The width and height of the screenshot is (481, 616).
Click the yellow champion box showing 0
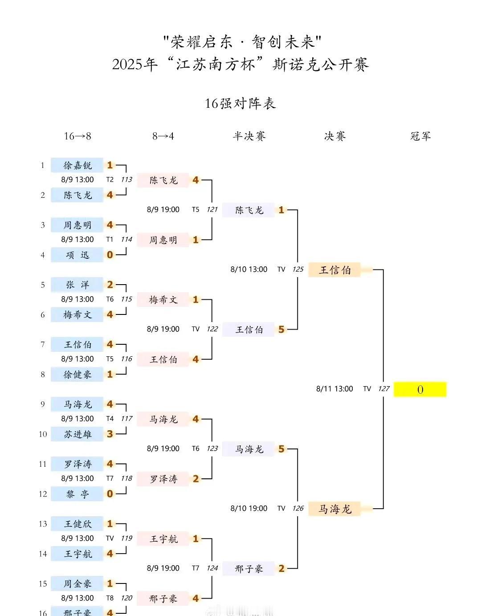tap(420, 389)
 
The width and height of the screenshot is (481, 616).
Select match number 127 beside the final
tap(384, 389)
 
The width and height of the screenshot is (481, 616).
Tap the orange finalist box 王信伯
tap(334, 270)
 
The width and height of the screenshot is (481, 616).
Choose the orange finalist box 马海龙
tap(334, 509)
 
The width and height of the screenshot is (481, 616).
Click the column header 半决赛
tap(249, 136)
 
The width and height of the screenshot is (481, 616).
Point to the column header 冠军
tap(420, 136)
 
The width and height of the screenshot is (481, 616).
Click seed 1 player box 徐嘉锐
tap(77, 165)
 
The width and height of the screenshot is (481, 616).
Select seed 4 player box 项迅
tap(77, 255)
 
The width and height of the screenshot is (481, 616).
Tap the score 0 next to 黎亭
tap(110, 494)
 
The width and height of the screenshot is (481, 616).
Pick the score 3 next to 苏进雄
tap(110, 434)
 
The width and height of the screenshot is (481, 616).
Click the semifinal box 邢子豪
tap(249, 568)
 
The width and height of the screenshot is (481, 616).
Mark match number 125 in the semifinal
tap(298, 269)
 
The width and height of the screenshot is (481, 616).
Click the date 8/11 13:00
tap(334, 389)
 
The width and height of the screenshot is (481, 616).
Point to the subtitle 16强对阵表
tap(240, 103)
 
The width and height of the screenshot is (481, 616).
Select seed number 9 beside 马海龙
tap(42, 404)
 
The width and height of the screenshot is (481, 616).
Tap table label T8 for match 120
tap(110, 598)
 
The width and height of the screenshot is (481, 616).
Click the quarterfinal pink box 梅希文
tap(163, 300)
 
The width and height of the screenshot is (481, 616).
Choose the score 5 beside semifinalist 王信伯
tap(281, 330)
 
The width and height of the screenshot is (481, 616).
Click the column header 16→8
tap(77, 136)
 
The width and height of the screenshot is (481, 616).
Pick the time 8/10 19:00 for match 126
tap(249, 508)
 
